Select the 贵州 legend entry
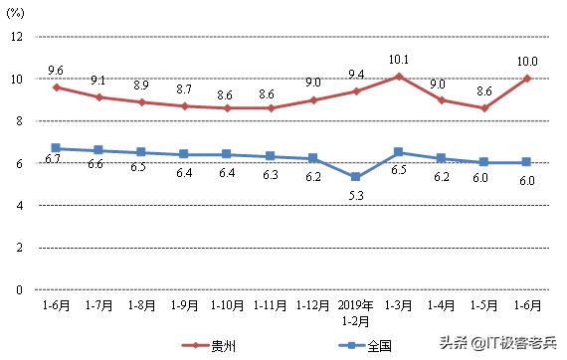pos(218,345)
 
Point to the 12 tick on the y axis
pos(16,36)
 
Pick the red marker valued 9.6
pos(56,87)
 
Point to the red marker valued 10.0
pos(527,79)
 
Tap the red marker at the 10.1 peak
pos(399,76)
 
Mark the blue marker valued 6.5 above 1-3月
pos(399,152)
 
